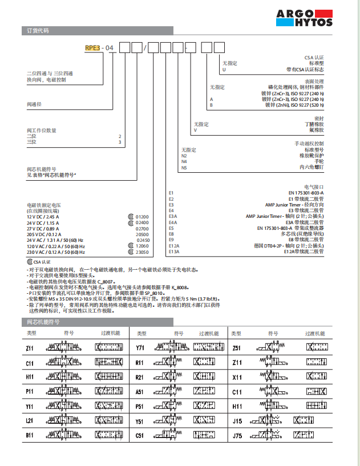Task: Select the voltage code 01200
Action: pos(142,217)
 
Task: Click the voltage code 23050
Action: pos(142,252)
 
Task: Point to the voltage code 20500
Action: pos(142,234)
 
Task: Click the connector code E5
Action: pos(171,228)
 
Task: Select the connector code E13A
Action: pos(173,252)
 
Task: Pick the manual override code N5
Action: pos(184,168)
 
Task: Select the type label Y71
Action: pos(140,347)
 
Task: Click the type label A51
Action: pos(140,391)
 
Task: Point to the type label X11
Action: pos(237,376)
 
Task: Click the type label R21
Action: pos(140,376)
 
